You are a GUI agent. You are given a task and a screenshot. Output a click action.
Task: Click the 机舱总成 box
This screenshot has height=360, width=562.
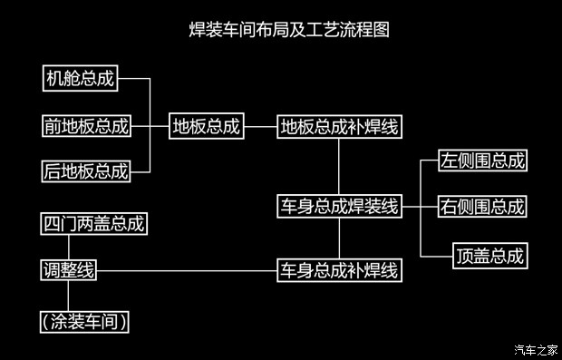pos(81,79)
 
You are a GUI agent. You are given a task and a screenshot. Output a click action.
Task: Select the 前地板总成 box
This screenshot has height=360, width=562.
pos(86,125)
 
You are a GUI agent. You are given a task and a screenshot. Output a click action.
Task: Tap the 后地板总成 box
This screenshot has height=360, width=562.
pos(86,170)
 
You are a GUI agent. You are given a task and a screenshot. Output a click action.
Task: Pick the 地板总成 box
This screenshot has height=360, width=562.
pos(207,126)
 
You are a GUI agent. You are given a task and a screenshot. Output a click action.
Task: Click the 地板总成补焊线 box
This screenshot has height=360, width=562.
pos(339,126)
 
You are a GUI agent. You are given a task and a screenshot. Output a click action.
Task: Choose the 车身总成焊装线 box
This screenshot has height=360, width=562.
pos(339,206)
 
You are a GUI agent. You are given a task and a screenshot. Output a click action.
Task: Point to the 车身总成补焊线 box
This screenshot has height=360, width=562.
pos(339,269)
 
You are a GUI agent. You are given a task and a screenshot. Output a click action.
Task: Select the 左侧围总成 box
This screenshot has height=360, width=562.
pos(481,161)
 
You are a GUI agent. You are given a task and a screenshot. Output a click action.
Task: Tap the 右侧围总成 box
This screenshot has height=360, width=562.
pos(481,206)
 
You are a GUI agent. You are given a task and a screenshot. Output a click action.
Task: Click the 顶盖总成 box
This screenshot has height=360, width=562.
pos(489,256)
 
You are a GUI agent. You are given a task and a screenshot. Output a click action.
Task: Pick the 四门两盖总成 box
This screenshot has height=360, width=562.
pos(94,223)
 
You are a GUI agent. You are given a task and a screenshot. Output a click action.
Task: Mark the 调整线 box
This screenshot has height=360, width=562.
pos(69,269)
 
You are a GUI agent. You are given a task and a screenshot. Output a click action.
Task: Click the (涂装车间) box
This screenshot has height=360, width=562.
pos(83,320)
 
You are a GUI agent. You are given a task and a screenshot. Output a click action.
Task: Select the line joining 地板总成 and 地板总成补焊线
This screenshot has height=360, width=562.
pos(260,126)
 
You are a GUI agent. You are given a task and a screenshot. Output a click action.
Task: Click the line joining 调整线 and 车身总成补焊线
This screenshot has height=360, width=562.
pos(187,269)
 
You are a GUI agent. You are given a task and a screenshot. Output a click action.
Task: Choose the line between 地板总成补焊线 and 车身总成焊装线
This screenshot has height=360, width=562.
pos(339,167)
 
